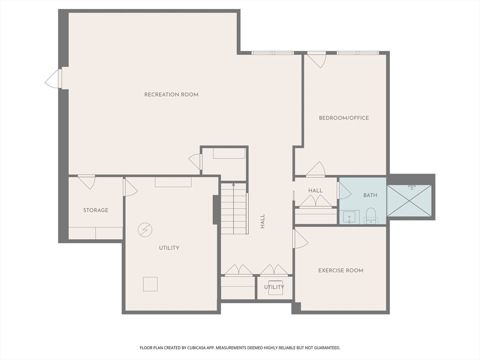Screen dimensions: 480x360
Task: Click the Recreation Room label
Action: pos(171,95)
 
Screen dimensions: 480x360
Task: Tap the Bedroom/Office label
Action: pos(344,118)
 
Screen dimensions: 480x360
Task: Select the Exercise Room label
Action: pos(341,270)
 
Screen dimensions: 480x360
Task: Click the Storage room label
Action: pos(96,210)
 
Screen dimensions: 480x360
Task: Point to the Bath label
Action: pos(370,195)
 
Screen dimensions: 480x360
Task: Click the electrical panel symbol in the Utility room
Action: pos(145,230)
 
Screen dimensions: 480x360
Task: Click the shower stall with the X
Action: pos(409,201)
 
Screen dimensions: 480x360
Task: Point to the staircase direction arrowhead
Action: pos(233,185)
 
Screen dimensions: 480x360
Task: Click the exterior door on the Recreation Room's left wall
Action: pos(53,79)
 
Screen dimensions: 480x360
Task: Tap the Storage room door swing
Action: pos(87,182)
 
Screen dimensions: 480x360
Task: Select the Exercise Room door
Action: pos(300,239)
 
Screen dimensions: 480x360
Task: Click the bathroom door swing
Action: pos(344,191)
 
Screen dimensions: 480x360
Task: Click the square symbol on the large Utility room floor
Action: pos(150,284)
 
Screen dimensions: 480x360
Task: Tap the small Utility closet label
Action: pos(274,287)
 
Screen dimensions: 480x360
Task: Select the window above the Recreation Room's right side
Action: pos(272,53)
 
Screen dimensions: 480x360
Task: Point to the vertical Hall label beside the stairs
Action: pos(262,221)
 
